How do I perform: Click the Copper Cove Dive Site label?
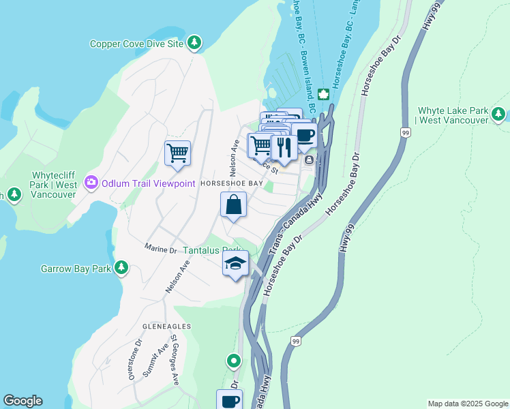pyautogui.click(x=137, y=44)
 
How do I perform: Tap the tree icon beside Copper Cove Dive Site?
pyautogui.click(x=195, y=43)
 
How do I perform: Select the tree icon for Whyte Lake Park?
pyautogui.click(x=499, y=114)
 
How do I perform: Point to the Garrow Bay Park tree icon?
pyautogui.click(x=121, y=268)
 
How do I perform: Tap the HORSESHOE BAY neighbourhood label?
pyautogui.click(x=231, y=184)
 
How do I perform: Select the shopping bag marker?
pyautogui.click(x=233, y=204)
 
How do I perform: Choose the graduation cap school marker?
pyautogui.click(x=235, y=263)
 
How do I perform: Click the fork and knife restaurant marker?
pyautogui.click(x=284, y=146)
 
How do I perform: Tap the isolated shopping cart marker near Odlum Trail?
pyautogui.click(x=177, y=152)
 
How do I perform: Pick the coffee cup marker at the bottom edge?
pyautogui.click(x=230, y=400)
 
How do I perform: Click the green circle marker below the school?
pyautogui.click(x=234, y=360)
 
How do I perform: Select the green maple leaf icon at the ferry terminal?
pyautogui.click(x=322, y=93)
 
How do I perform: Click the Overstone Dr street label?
pyautogui.click(x=126, y=359)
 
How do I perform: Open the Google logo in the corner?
pyautogui.click(x=22, y=401)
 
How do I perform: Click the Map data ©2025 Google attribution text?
pyautogui.click(x=467, y=404)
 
